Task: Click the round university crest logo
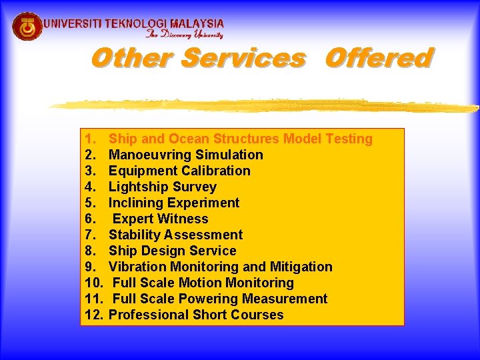pyautogui.click(x=27, y=26)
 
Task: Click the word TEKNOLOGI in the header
pyautogui.click(x=136, y=23)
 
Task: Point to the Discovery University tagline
pyautogui.click(x=185, y=35)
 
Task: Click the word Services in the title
pyautogui.click(x=243, y=59)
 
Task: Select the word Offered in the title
pyautogui.click(x=379, y=59)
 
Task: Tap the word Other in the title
pyautogui.click(x=133, y=59)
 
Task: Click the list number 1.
pyautogui.click(x=91, y=139)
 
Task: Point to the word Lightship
pyautogui.click(x=139, y=187)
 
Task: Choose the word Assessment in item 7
pyautogui.click(x=203, y=235)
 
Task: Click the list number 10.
pyautogui.click(x=94, y=283)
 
